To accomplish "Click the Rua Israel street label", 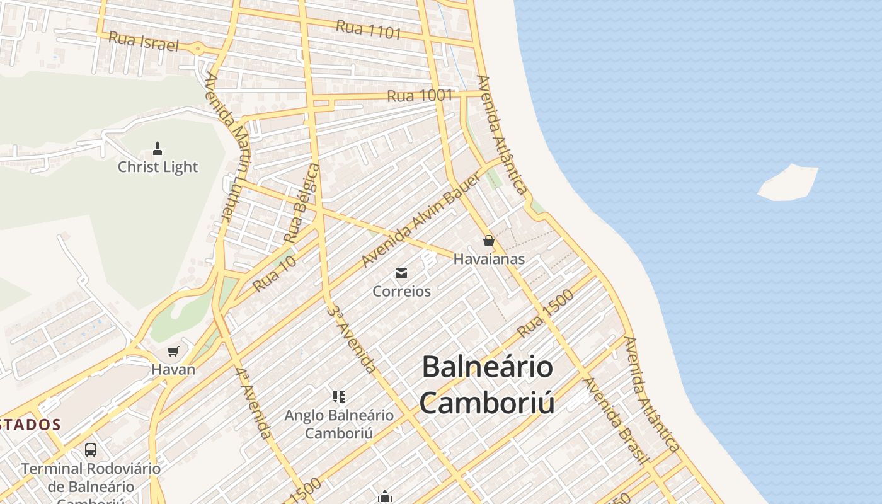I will tap(144, 42).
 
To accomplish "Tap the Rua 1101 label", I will tap(369, 29).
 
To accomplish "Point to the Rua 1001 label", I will tap(420, 96).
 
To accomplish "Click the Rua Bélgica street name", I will tap(301, 203).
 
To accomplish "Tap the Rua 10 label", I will tap(274, 275).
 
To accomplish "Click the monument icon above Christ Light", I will tap(157, 149).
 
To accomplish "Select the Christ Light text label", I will tap(157, 167).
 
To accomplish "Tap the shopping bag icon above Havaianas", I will tap(488, 241).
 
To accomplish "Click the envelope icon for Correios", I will tap(401, 273).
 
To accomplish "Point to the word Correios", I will tap(401, 291).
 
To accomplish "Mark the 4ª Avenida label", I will tap(255, 403).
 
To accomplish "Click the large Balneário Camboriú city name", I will tap(487, 384).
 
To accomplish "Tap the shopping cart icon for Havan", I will tap(173, 352).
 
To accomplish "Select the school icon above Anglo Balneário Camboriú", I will tap(339, 397).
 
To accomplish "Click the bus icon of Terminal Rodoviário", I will tap(91, 450).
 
